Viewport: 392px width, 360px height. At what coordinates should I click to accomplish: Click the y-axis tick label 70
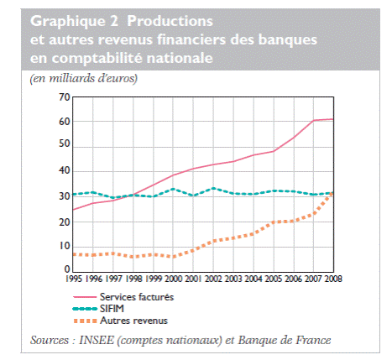coord(65,97)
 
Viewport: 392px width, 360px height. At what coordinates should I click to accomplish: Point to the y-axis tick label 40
coord(65,170)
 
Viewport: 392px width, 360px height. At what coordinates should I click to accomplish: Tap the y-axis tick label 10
coord(65,246)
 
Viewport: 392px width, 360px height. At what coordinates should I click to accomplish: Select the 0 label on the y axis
coord(67,269)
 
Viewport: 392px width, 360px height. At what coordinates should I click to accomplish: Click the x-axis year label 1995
coord(74,279)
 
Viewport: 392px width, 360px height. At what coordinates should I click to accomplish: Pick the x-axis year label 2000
coord(174,279)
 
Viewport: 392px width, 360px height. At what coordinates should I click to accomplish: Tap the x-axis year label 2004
coord(253,279)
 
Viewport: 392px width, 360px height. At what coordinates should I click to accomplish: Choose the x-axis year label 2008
coord(333,279)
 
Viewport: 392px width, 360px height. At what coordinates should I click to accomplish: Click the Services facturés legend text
coord(137,297)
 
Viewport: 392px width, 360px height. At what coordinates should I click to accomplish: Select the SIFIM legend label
coord(112,309)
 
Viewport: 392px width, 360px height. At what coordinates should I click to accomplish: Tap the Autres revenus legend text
coord(133,321)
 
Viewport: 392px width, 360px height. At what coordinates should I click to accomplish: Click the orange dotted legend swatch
coord(85,321)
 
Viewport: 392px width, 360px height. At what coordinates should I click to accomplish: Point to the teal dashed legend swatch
coord(85,309)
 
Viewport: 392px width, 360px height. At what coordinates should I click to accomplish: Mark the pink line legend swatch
coord(85,297)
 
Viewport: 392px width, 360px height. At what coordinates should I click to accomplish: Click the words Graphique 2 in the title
coord(74,22)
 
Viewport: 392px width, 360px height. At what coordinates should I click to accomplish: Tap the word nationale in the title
coord(180,58)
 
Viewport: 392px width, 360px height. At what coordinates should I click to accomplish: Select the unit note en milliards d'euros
coord(84,78)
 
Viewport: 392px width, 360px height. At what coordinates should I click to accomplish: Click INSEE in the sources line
coord(97,341)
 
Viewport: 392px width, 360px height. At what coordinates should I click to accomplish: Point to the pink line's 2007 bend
coord(314,120)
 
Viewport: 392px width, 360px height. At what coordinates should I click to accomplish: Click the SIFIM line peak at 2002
coord(213,188)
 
